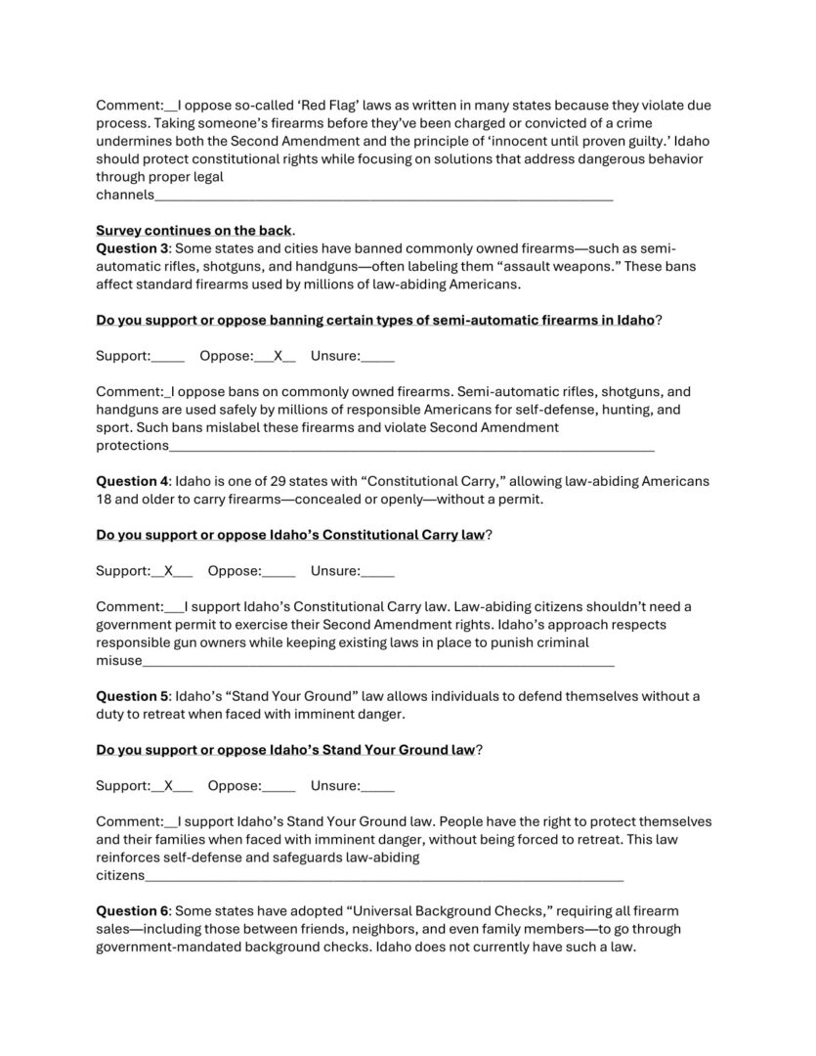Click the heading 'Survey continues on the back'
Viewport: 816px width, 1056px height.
tap(193, 231)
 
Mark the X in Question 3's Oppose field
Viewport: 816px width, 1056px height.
tap(278, 356)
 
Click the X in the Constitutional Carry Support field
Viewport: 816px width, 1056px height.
tap(168, 571)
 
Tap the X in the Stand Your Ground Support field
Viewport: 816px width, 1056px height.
tap(168, 785)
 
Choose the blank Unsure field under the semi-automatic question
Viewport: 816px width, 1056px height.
tap(378, 356)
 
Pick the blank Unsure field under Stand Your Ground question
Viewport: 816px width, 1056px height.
tap(378, 785)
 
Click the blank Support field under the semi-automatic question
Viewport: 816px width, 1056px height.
tap(169, 356)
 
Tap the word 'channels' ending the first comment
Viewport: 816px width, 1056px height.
tap(124, 195)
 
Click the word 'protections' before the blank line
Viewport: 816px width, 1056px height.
tap(132, 445)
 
